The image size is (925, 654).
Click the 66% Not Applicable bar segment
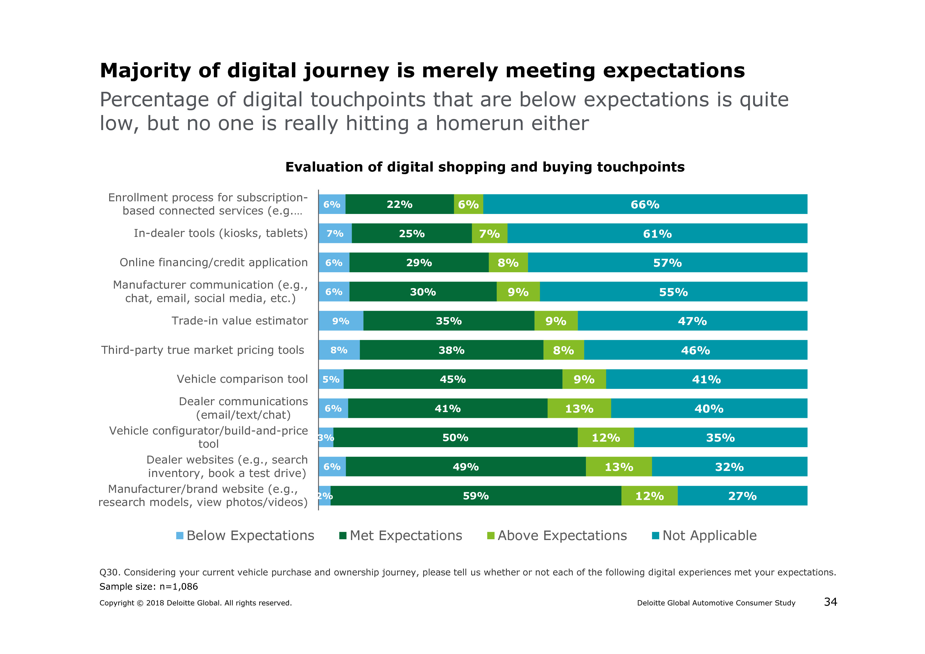(645, 204)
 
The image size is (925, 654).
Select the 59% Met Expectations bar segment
(476, 496)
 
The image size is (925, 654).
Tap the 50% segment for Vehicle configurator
(455, 438)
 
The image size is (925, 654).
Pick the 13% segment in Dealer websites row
(619, 467)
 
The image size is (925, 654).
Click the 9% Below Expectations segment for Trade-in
(341, 321)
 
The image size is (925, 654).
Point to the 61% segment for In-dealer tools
(657, 234)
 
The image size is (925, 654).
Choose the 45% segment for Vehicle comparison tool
(453, 379)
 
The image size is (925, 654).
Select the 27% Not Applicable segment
(742, 496)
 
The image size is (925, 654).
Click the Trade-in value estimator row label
(240, 321)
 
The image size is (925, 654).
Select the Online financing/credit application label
(214, 262)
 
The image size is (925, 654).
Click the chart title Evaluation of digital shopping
(485, 167)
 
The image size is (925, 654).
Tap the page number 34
(830, 602)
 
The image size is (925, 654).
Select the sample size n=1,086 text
(149, 586)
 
